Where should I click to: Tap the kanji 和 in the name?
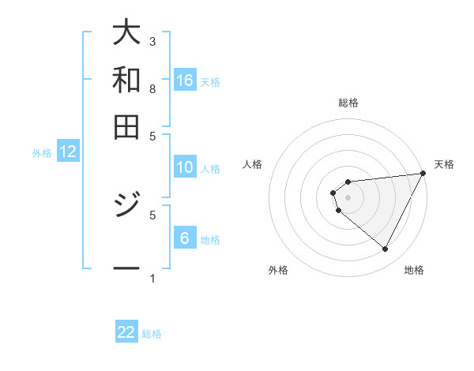[126, 79]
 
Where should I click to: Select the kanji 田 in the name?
[126, 126]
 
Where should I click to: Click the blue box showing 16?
[185, 80]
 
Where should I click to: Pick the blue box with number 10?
[185, 167]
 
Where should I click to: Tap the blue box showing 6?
[185, 238]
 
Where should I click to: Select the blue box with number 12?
[68, 152]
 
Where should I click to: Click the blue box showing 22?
[126, 332]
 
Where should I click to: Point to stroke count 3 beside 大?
[152, 41]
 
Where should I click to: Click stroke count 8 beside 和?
[152, 88]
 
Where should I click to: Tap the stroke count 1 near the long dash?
[152, 278]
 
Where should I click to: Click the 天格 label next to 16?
[210, 81]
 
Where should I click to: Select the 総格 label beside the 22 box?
[152, 334]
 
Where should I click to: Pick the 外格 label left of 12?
[42, 153]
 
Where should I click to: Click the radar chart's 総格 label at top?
[348, 103]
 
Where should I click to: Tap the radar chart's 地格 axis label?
[414, 270]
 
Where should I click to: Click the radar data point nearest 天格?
[423, 174]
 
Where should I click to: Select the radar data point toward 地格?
[385, 249]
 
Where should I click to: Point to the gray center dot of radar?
[348, 197]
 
